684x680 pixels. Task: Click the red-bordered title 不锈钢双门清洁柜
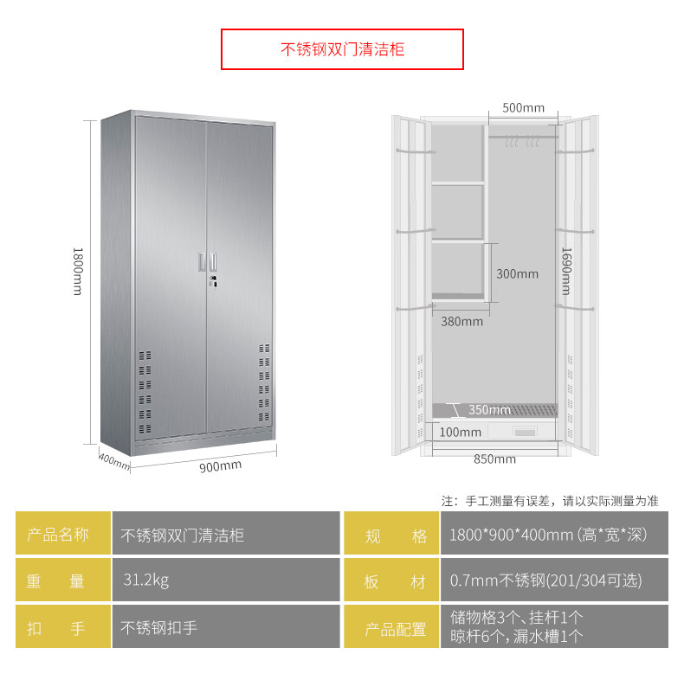(342, 49)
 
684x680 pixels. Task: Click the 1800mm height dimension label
(77, 271)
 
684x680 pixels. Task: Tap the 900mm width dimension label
(221, 466)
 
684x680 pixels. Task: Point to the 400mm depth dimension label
(113, 461)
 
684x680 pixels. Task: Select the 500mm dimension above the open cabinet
(523, 108)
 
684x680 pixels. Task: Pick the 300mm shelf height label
(517, 273)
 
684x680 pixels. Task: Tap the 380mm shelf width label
(461, 321)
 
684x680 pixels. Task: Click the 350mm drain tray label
(489, 409)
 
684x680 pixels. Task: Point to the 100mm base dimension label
(460, 432)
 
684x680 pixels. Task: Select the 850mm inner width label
(494, 459)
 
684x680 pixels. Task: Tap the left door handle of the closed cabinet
(202, 260)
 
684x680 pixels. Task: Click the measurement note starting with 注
(550, 500)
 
